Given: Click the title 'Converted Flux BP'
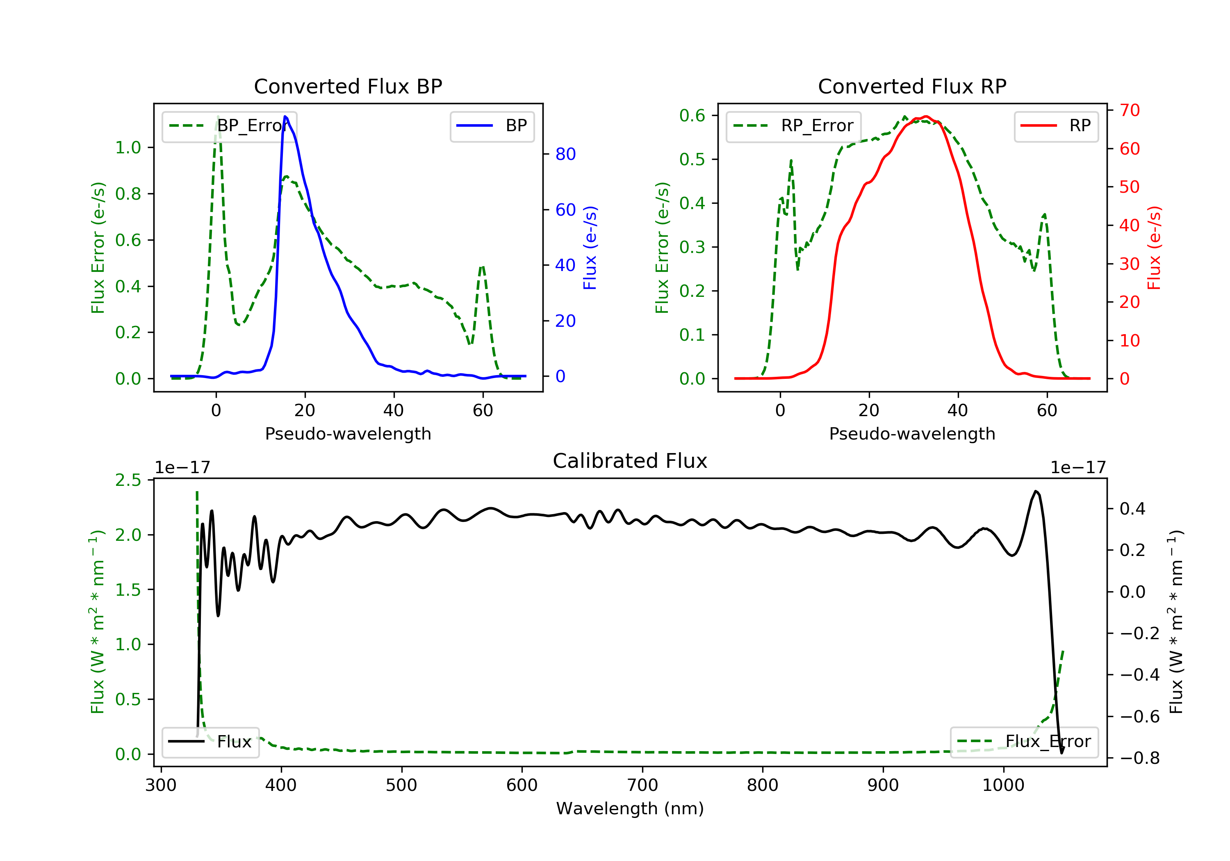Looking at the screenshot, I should (x=348, y=86).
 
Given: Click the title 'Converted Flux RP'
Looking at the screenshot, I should (x=912, y=86).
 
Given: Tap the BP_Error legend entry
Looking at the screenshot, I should (x=229, y=126).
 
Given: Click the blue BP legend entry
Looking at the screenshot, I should (x=492, y=126).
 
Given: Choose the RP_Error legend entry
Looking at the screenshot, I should (x=793, y=126).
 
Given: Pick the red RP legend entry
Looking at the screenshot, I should (x=1056, y=126).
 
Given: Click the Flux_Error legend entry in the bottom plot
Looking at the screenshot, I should (x=1024, y=742).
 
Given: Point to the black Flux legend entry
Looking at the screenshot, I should (x=211, y=742).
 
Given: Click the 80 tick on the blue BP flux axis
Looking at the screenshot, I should (x=565, y=154).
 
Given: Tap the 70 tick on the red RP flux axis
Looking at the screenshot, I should (x=1129, y=110).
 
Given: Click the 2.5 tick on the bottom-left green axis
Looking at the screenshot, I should (x=128, y=480).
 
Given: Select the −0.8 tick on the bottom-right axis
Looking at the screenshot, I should (x=1139, y=758).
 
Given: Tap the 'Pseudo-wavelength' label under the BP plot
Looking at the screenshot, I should (x=348, y=433).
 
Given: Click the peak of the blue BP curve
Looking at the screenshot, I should (x=285, y=116).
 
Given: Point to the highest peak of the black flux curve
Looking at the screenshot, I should (x=1036, y=491).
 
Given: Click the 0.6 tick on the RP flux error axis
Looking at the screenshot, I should (x=692, y=115).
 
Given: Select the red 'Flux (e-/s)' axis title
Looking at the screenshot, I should (x=1154, y=248).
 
